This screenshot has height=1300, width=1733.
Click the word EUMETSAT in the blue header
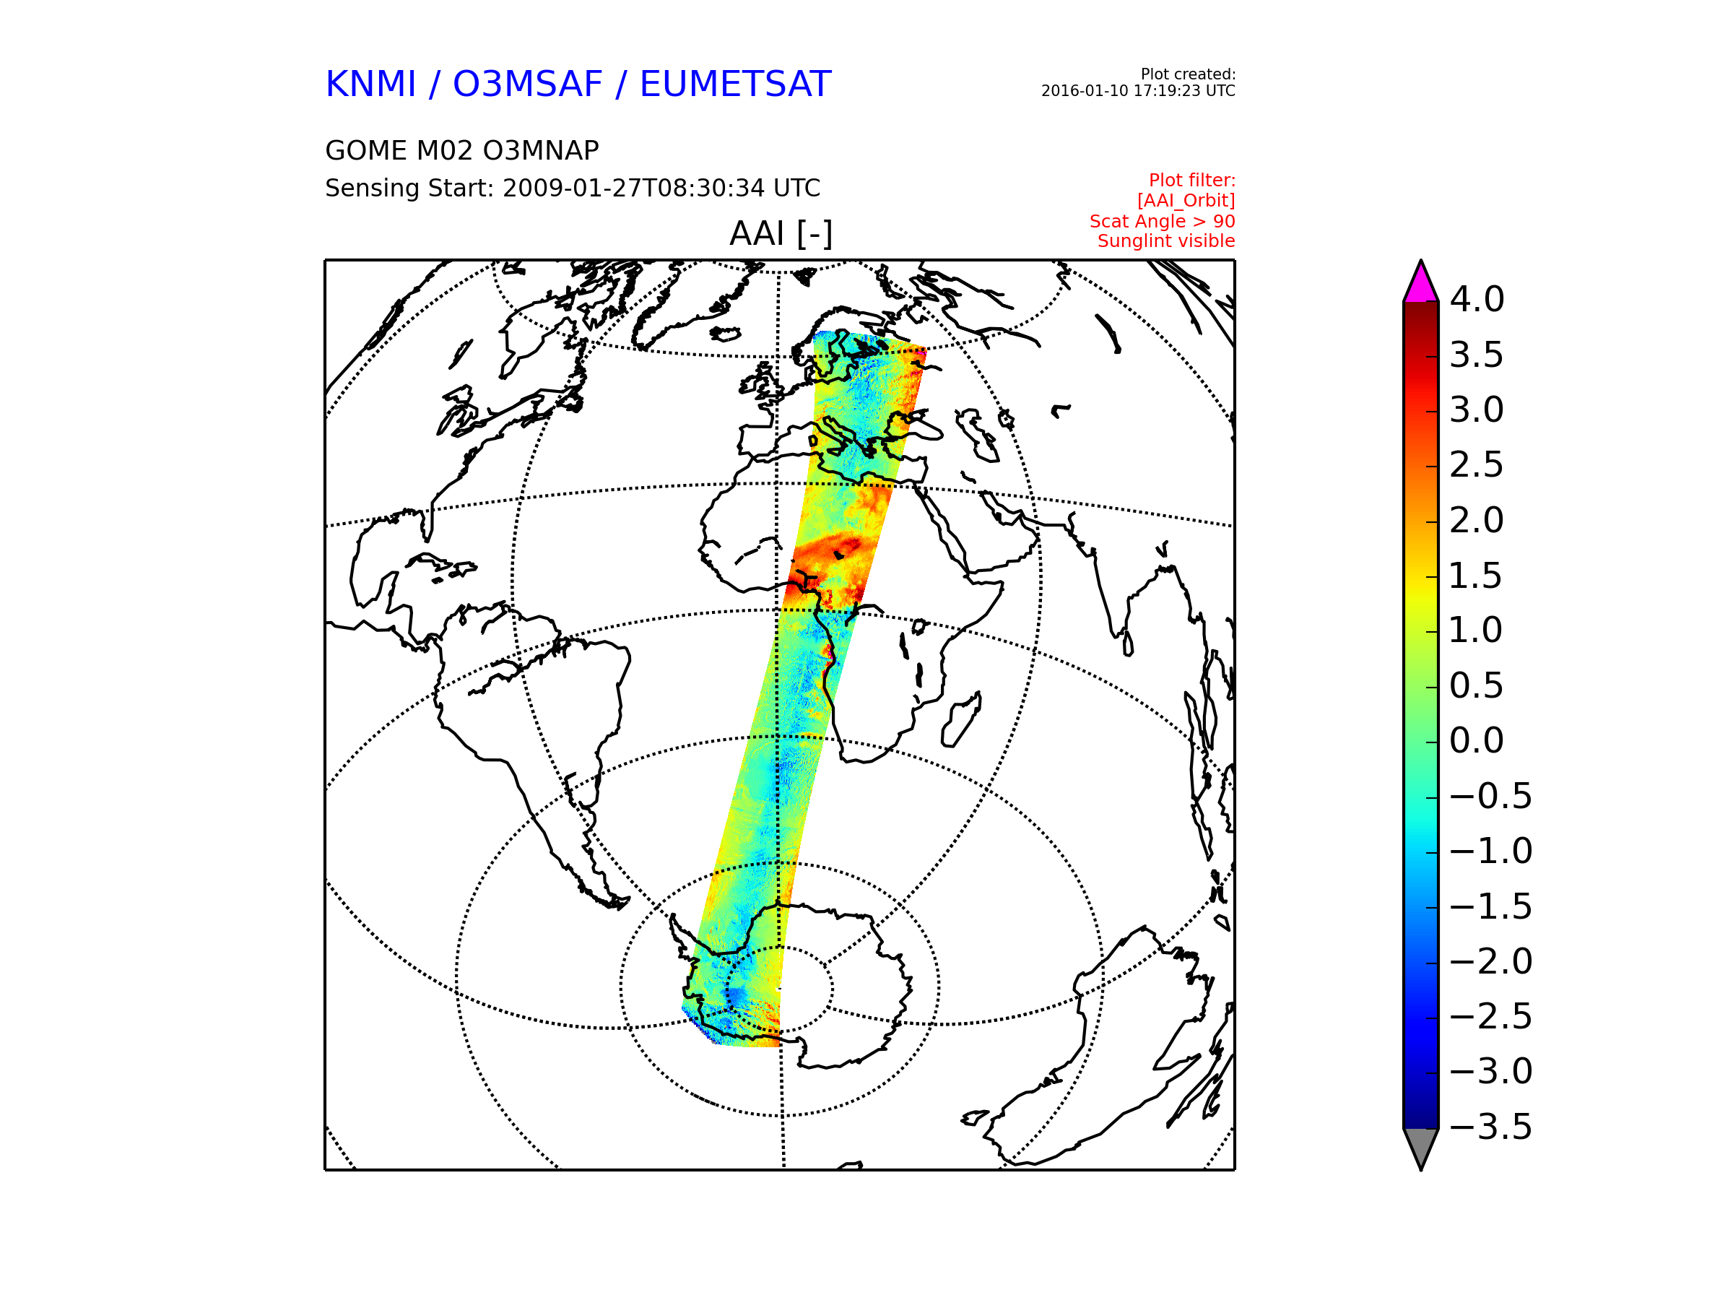[735, 84]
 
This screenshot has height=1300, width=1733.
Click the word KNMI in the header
[370, 84]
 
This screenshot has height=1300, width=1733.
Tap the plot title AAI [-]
[781, 233]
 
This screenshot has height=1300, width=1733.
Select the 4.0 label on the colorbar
[1477, 299]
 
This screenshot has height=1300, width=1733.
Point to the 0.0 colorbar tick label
[1477, 740]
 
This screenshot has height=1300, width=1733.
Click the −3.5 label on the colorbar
[1491, 1127]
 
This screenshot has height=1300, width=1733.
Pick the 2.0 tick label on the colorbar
[1477, 520]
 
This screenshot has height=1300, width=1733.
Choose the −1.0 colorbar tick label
[1491, 851]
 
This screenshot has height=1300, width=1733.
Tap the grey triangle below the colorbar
[1420, 1145]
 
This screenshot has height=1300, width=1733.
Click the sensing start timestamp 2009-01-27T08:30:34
[633, 188]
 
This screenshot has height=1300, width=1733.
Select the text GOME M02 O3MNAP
[462, 150]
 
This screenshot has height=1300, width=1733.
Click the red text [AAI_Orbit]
[1186, 201]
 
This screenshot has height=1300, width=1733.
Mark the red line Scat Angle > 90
[1162, 221]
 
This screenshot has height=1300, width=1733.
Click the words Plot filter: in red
[1191, 181]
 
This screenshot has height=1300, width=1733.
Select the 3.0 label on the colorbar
[1477, 409]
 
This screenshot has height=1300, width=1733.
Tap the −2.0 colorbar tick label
[1491, 961]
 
